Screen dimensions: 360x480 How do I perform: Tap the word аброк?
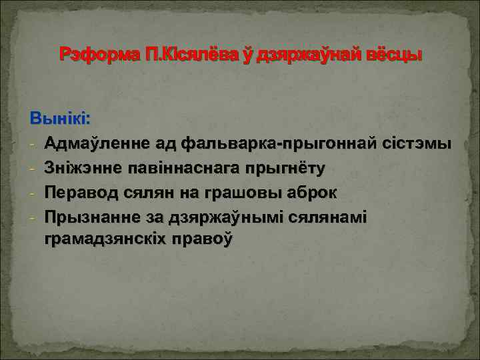pyautogui.click(x=311, y=193)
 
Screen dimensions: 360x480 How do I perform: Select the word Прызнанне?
pyautogui.click(x=88, y=217)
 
